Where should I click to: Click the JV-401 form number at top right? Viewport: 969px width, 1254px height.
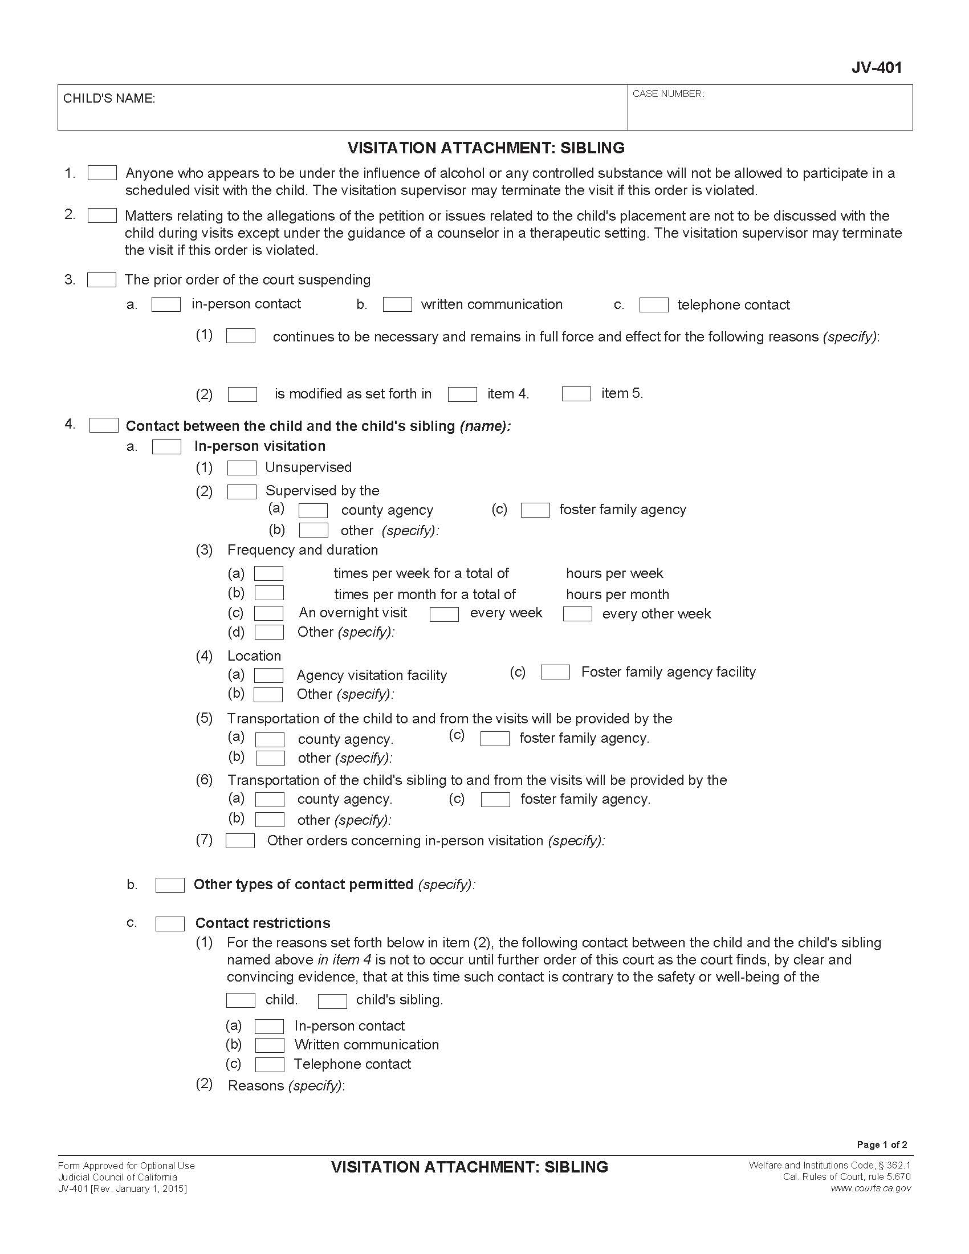point(876,68)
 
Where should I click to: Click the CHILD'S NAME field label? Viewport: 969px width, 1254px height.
point(109,99)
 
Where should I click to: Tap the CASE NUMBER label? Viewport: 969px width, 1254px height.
point(668,93)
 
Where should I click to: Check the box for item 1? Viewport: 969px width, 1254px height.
point(102,173)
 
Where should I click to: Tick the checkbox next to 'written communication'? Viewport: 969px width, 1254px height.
point(397,304)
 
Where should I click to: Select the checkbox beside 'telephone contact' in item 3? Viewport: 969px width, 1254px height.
point(654,305)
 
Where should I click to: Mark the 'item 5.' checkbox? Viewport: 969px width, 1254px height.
point(576,394)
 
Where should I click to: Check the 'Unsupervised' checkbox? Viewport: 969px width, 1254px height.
point(242,468)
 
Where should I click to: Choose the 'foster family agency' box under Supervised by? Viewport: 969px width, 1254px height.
point(535,510)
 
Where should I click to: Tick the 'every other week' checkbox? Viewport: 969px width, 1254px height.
point(577,614)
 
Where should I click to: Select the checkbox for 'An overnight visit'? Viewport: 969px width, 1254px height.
point(268,613)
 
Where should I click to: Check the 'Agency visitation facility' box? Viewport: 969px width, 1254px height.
point(268,675)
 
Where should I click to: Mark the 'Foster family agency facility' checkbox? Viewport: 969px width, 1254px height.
point(555,672)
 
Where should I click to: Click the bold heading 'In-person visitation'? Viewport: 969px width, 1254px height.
point(259,446)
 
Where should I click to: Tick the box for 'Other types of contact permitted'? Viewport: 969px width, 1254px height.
point(170,885)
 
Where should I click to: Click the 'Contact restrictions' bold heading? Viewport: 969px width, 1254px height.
point(262,923)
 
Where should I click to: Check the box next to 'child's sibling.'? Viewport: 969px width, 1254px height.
point(332,1001)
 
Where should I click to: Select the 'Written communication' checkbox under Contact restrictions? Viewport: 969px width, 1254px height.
point(269,1045)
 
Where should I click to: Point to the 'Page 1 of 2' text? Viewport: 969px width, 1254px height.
point(882,1145)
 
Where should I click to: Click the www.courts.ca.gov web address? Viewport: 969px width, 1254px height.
point(870,1188)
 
